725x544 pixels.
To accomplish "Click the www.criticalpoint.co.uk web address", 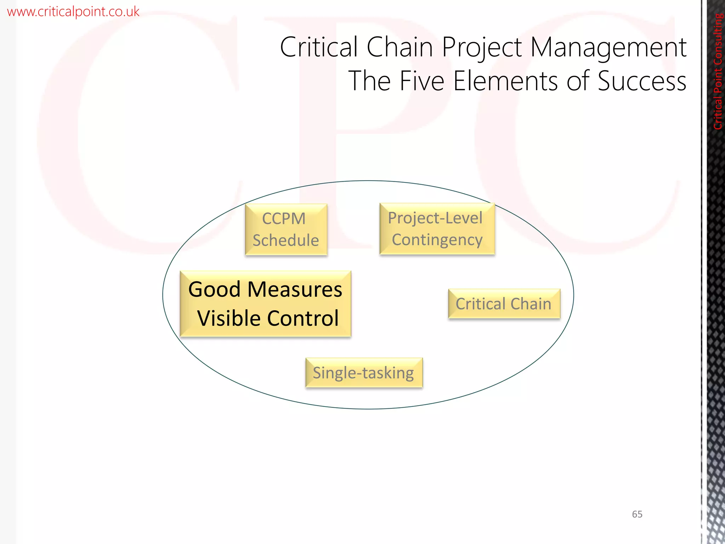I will (73, 12).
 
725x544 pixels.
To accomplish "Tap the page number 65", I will (637, 514).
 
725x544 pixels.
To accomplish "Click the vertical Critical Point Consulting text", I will (718, 71).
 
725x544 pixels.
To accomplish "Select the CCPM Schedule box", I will (286, 229).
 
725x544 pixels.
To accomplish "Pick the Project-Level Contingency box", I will (437, 229).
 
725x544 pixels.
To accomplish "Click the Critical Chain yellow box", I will (504, 304).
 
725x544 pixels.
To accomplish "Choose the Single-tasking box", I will (364, 373).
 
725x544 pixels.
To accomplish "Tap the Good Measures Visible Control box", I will (265, 304).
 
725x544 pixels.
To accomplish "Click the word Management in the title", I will (608, 47).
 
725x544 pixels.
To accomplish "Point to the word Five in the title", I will (422, 81).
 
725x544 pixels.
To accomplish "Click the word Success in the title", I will (642, 81).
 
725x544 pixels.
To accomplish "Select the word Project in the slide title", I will (482, 48).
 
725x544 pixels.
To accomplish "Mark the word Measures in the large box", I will (295, 289).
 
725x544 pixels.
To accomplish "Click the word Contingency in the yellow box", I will (437, 240).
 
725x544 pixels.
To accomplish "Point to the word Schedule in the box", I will (286, 240).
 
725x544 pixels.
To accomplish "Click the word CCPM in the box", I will (284, 219).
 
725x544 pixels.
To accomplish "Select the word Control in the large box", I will (303, 318).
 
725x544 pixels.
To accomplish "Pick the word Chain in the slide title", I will (400, 47).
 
